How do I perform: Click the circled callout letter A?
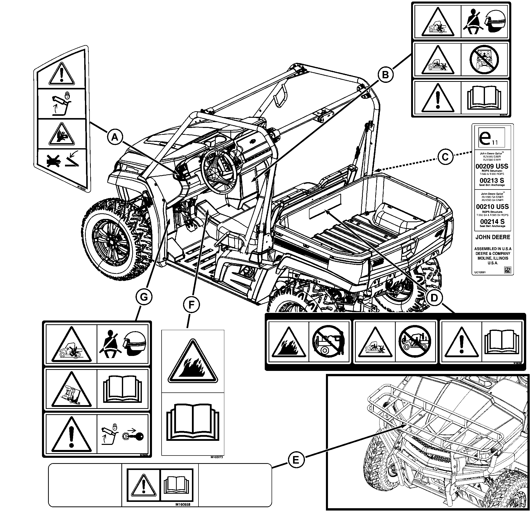click(115, 138)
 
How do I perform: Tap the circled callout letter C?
click(445, 157)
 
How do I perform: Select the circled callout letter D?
click(434, 298)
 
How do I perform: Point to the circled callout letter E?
click(296, 460)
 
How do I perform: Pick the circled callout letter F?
click(191, 305)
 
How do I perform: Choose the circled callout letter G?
click(144, 297)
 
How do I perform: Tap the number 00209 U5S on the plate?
click(492, 166)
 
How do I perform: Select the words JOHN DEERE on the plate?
click(493, 237)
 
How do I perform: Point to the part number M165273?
click(216, 457)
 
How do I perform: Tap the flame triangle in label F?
click(193, 362)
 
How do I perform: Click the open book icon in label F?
click(193, 422)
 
